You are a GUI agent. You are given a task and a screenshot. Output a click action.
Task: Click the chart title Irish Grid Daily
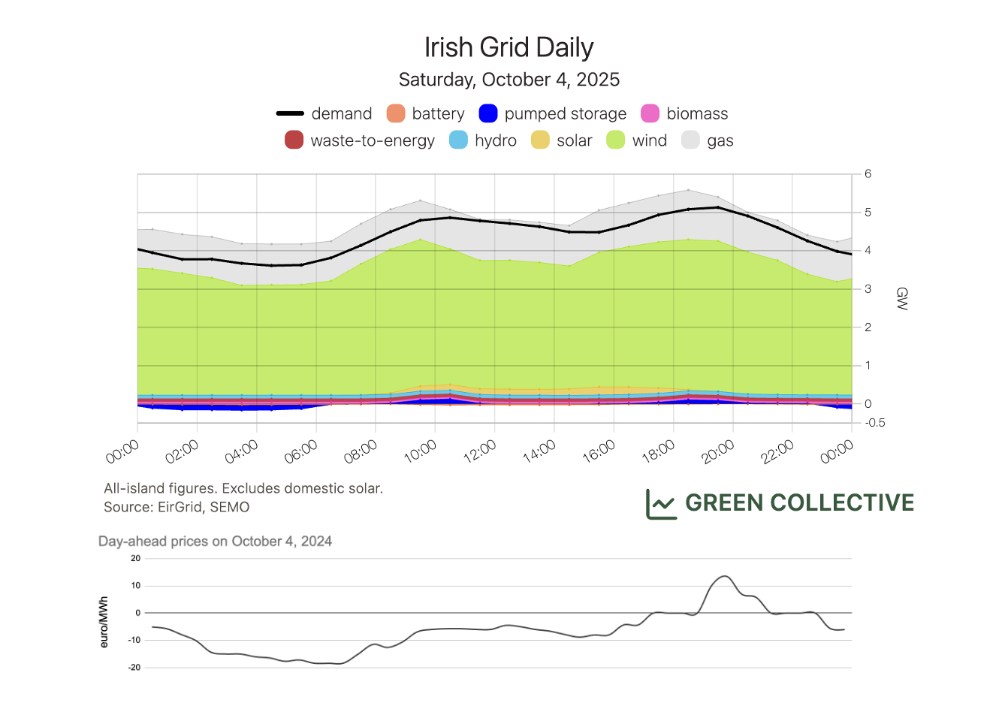[x=509, y=47]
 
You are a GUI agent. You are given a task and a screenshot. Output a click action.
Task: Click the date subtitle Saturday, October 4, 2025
[x=509, y=80]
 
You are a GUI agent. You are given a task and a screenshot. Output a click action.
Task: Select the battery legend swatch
[x=396, y=113]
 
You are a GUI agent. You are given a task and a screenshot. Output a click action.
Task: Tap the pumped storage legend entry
[x=552, y=113]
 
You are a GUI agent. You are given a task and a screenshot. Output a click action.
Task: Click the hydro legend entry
[x=482, y=140]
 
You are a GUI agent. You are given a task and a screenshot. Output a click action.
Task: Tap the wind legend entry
[x=636, y=140]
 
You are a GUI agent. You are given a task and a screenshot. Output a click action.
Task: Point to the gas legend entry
[x=707, y=140]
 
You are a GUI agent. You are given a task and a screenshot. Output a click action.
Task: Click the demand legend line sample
[x=290, y=113]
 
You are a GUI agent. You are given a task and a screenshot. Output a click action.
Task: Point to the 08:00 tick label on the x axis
[x=361, y=451]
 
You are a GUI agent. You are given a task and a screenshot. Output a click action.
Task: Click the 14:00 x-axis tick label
[x=539, y=451]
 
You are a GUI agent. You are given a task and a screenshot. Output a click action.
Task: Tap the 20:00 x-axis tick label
[x=718, y=451]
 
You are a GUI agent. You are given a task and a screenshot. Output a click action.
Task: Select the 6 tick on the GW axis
[x=868, y=173]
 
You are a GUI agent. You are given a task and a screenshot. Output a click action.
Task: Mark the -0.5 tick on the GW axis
[x=874, y=423]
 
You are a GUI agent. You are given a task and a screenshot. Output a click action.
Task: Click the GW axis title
[x=902, y=298]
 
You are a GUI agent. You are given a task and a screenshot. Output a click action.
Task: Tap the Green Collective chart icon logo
[x=661, y=503]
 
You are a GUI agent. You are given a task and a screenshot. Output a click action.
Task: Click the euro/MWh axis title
[x=104, y=622]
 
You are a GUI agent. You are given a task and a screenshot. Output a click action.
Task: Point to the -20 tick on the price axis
[x=134, y=667]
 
